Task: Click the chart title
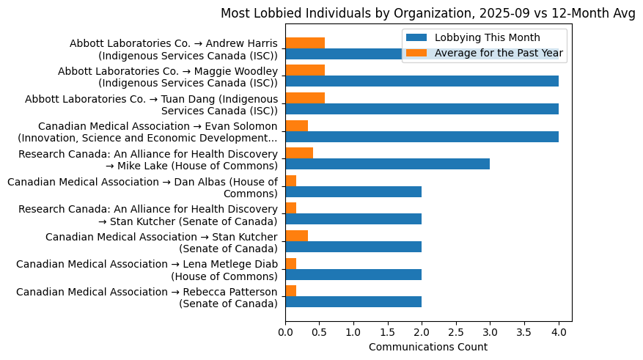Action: pyautogui.click(x=428, y=13)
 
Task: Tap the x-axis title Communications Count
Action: pyautogui.click(x=428, y=347)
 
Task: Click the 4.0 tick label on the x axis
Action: pyautogui.click(x=559, y=332)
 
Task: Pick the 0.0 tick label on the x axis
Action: pyautogui.click(x=285, y=332)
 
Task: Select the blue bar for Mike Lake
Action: pyautogui.click(x=387, y=164)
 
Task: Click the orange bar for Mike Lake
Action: pyautogui.click(x=299, y=153)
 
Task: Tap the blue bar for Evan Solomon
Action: pyautogui.click(x=422, y=136)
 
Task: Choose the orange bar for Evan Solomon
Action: pyautogui.click(x=296, y=125)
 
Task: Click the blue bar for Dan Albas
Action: pyautogui.click(x=353, y=191)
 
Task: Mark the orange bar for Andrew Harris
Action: pyautogui.click(x=305, y=43)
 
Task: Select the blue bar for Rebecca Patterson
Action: pyautogui.click(x=353, y=301)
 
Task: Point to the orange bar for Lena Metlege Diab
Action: pyautogui.click(x=290, y=263)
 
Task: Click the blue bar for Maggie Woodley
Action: pyautogui.click(x=422, y=81)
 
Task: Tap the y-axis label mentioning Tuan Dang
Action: pyautogui.click(x=151, y=105)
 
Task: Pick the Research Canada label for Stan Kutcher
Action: pyautogui.click(x=147, y=215)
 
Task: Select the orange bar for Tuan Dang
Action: pyautogui.click(x=305, y=98)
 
